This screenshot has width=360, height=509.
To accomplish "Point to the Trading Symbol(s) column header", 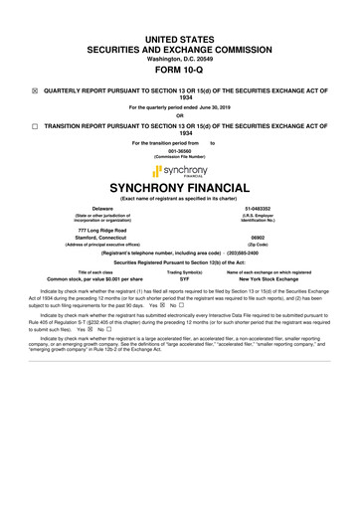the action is (179, 272).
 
